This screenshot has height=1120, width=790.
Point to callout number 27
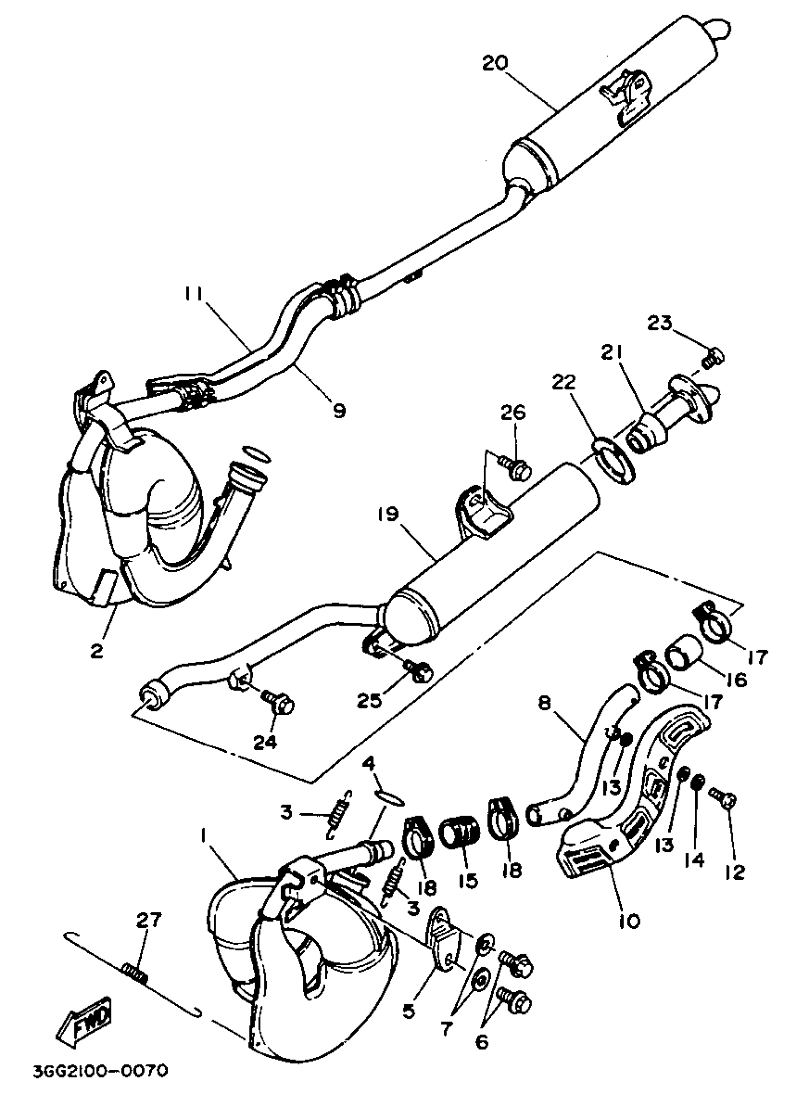pos(149,920)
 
